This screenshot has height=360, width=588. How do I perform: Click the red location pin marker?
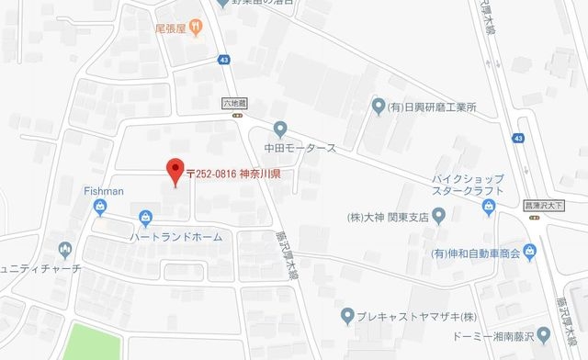(173, 171)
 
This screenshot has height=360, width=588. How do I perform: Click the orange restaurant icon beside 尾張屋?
(197, 28)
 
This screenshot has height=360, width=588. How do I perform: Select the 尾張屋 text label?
(170, 28)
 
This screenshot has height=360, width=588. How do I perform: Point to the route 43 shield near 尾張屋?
(224, 61)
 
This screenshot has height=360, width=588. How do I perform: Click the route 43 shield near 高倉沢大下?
(519, 138)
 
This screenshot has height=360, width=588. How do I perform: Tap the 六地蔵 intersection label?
(236, 104)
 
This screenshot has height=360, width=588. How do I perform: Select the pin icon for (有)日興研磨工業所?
(378, 107)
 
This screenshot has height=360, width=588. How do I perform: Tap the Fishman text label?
(102, 191)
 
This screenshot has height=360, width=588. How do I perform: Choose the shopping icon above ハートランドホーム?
(145, 218)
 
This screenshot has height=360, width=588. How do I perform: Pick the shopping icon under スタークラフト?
(490, 210)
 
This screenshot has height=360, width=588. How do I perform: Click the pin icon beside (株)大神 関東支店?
(438, 217)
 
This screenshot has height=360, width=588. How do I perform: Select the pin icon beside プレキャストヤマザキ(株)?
(347, 318)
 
